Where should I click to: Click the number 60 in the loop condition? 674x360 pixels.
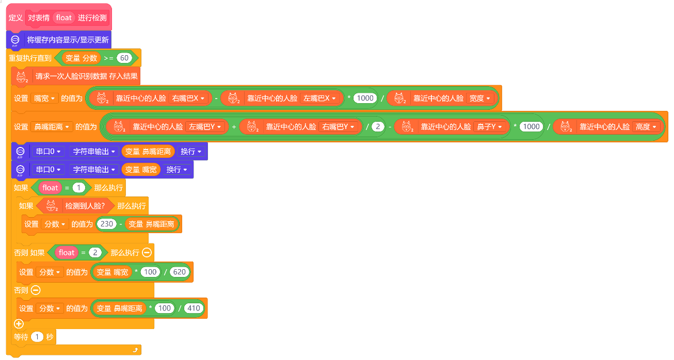(x=124, y=58)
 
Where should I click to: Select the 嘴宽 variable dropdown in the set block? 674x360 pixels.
(x=44, y=99)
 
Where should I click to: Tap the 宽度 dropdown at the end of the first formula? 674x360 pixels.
(x=479, y=99)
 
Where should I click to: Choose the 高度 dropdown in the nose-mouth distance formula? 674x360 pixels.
(x=646, y=127)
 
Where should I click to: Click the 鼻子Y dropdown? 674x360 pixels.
(x=489, y=127)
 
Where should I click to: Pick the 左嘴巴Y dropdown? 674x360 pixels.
(x=204, y=127)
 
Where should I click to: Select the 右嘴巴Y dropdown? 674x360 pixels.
(x=338, y=127)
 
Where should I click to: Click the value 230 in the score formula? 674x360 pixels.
(x=106, y=224)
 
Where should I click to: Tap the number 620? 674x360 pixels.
(x=179, y=272)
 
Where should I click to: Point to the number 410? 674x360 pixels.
(x=194, y=308)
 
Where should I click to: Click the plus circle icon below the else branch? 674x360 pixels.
(x=19, y=324)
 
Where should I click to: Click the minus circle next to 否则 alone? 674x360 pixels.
(x=36, y=290)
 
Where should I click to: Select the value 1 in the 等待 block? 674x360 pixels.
(x=37, y=337)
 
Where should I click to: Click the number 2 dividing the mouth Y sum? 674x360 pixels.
(x=378, y=126)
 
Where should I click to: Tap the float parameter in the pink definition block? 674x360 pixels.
(x=64, y=18)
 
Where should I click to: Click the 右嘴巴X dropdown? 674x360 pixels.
(x=188, y=99)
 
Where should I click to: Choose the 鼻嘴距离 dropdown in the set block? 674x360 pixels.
(x=52, y=127)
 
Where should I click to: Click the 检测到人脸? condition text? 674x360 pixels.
(x=85, y=206)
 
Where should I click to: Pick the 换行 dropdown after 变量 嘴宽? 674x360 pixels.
(x=176, y=170)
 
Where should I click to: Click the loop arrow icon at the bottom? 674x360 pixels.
(x=135, y=350)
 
